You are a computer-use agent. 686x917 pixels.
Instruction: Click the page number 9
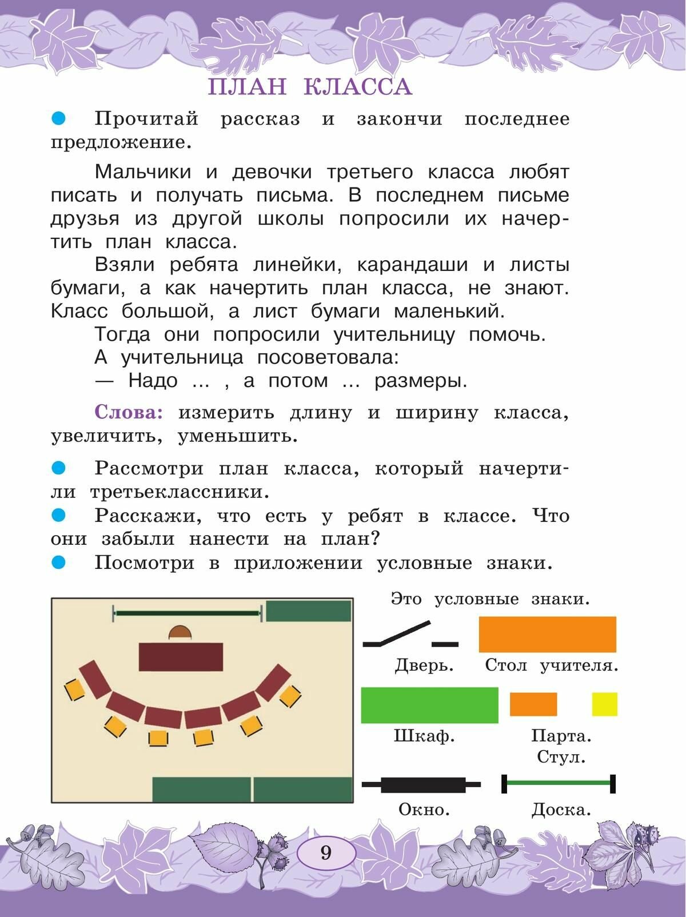(326, 853)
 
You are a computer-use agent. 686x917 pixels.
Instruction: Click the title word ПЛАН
(247, 87)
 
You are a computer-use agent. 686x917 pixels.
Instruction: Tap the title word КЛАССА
(358, 87)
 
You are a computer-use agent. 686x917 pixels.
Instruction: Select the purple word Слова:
(129, 413)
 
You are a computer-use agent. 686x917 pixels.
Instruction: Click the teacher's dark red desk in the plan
(181, 656)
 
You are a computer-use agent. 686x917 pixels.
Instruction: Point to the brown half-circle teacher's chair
(180, 632)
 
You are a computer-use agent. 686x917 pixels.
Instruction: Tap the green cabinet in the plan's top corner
(308, 611)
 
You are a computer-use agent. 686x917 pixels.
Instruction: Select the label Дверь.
(424, 665)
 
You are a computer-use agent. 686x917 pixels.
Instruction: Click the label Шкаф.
(424, 736)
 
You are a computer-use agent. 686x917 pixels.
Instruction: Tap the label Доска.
(561, 810)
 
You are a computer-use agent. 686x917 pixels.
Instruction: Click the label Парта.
(561, 736)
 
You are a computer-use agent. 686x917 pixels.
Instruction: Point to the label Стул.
(561, 758)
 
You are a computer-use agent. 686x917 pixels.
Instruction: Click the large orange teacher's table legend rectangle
(547, 634)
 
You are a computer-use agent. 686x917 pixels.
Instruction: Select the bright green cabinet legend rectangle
(429, 705)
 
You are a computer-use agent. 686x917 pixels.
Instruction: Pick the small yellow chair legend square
(604, 704)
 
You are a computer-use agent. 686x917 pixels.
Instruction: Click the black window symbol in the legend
(422, 784)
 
